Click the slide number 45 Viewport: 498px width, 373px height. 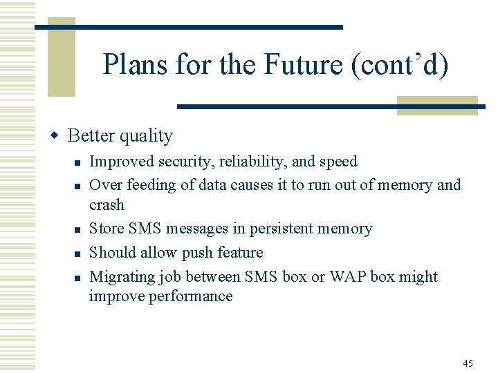click(x=468, y=363)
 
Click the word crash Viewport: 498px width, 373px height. click(x=107, y=205)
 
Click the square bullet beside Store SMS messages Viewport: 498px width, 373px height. click(x=79, y=229)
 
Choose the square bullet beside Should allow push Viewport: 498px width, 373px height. click(x=79, y=254)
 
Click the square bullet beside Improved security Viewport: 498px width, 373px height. click(x=79, y=162)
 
